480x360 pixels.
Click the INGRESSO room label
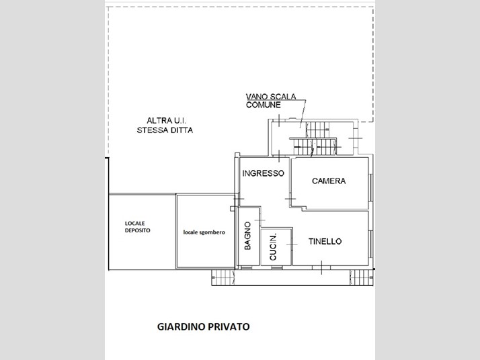(264, 173)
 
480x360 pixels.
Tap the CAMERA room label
(329, 181)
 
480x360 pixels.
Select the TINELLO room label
(325, 241)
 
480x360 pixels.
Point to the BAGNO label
(247, 236)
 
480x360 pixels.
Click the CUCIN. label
(273, 247)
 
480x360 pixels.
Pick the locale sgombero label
(204, 232)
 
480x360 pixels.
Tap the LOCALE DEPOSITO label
(137, 226)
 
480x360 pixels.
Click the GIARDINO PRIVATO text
(203, 326)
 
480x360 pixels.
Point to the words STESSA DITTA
(165, 130)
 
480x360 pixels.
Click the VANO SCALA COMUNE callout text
(271, 101)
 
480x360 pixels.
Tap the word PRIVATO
(229, 326)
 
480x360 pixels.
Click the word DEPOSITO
(137, 230)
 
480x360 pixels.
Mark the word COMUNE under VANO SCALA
(264, 105)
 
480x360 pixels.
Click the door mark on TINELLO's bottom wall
(321, 267)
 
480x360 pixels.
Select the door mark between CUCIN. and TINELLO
(292, 244)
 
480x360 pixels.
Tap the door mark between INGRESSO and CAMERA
(290, 199)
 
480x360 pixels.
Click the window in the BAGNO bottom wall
(246, 268)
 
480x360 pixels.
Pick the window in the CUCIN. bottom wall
(277, 268)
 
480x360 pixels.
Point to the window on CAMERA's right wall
(371, 187)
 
